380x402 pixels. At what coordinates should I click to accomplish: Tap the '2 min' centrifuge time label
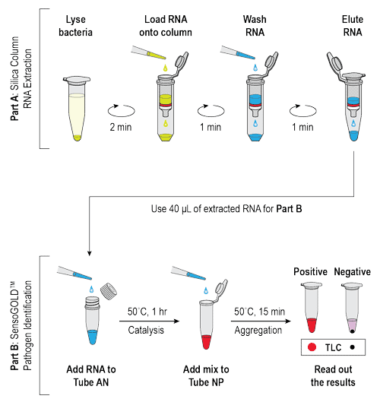(x=122, y=125)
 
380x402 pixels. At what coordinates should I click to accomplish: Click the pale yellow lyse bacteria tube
(x=78, y=110)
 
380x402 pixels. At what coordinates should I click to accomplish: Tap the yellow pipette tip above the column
(x=149, y=53)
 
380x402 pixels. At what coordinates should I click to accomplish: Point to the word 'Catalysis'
(x=148, y=331)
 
